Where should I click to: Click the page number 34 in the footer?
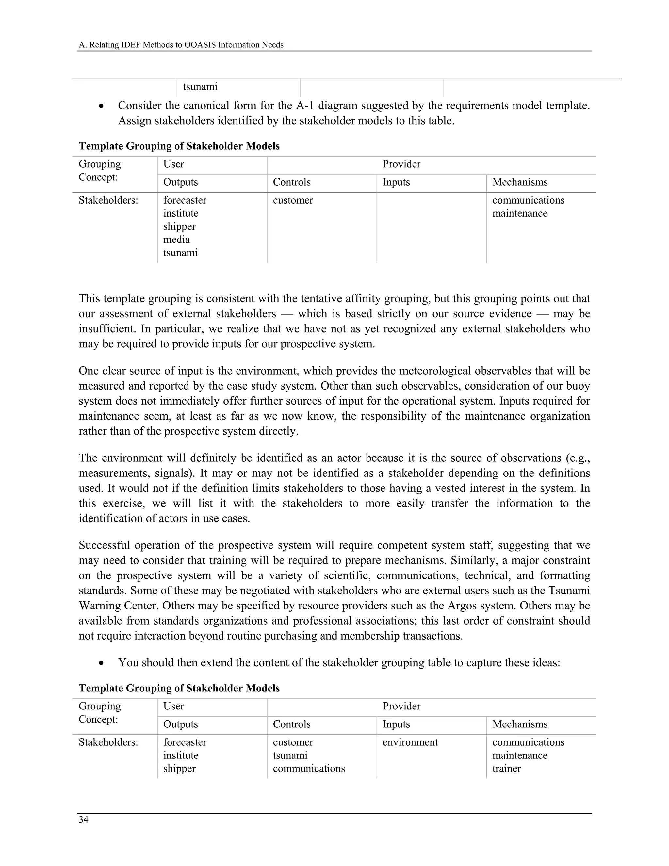tap(83, 820)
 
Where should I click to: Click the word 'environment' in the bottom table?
tap(410, 742)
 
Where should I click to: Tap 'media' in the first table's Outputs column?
tap(176, 240)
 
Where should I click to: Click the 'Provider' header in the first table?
tap(401, 164)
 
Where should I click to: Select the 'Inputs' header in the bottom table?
tap(396, 724)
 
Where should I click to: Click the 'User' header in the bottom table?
tap(173, 706)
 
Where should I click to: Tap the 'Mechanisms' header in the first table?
tap(520, 182)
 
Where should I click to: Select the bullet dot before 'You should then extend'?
tap(102, 663)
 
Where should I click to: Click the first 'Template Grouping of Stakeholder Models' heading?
tap(179, 146)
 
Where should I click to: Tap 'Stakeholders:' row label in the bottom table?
tap(108, 742)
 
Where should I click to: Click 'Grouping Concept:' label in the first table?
tap(100, 171)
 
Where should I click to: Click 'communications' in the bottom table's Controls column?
tap(309, 769)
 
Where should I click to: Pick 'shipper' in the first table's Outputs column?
tap(179, 226)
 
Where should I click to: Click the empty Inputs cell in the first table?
tap(431, 226)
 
